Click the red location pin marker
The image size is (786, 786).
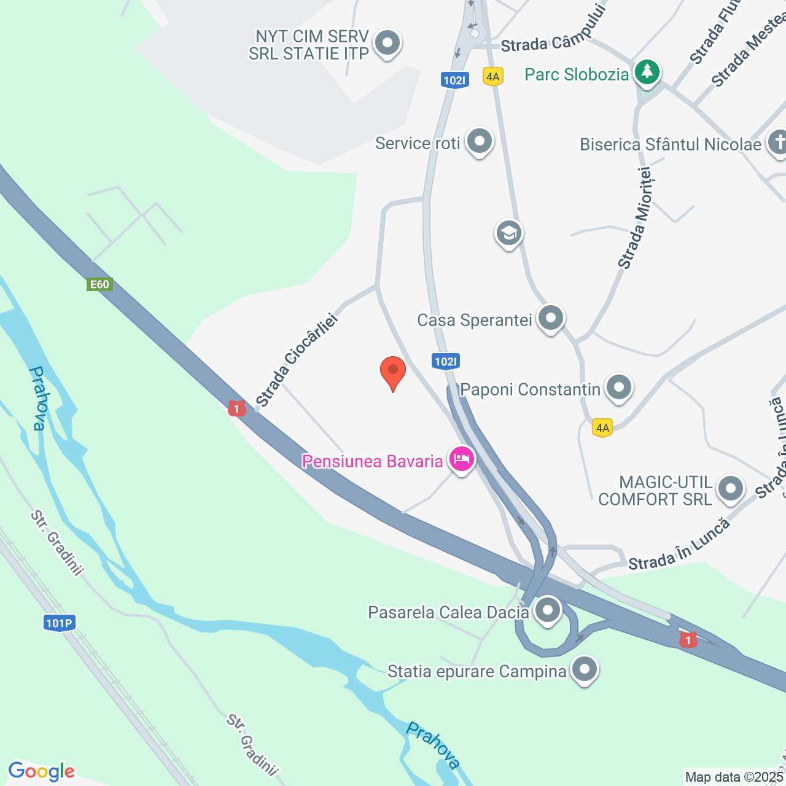pyautogui.click(x=393, y=372)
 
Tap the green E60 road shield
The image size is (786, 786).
pyautogui.click(x=99, y=284)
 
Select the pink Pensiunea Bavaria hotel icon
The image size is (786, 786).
pyautogui.click(x=462, y=459)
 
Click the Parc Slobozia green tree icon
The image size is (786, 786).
pyautogui.click(x=646, y=72)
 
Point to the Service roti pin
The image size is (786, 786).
pyautogui.click(x=479, y=142)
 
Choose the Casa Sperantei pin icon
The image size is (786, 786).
pyautogui.click(x=550, y=318)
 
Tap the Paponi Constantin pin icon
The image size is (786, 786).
pyautogui.click(x=618, y=387)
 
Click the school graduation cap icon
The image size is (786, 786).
pyautogui.click(x=508, y=233)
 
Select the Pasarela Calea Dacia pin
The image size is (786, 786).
pyautogui.click(x=547, y=610)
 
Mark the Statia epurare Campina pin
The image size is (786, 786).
pyautogui.click(x=584, y=669)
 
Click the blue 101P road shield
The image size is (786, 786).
pyautogui.click(x=60, y=623)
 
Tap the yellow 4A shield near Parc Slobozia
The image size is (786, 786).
pyautogui.click(x=492, y=77)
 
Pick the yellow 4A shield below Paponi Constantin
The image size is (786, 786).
pyautogui.click(x=602, y=428)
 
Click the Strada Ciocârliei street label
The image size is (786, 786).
pyautogui.click(x=297, y=360)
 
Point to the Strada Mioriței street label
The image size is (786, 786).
pyautogui.click(x=635, y=219)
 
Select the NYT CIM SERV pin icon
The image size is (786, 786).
pyautogui.click(x=387, y=44)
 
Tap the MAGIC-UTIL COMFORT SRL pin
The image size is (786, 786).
pyautogui.click(x=730, y=489)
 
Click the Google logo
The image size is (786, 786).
pyautogui.click(x=41, y=771)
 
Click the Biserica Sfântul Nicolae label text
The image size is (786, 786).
pyautogui.click(x=671, y=144)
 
